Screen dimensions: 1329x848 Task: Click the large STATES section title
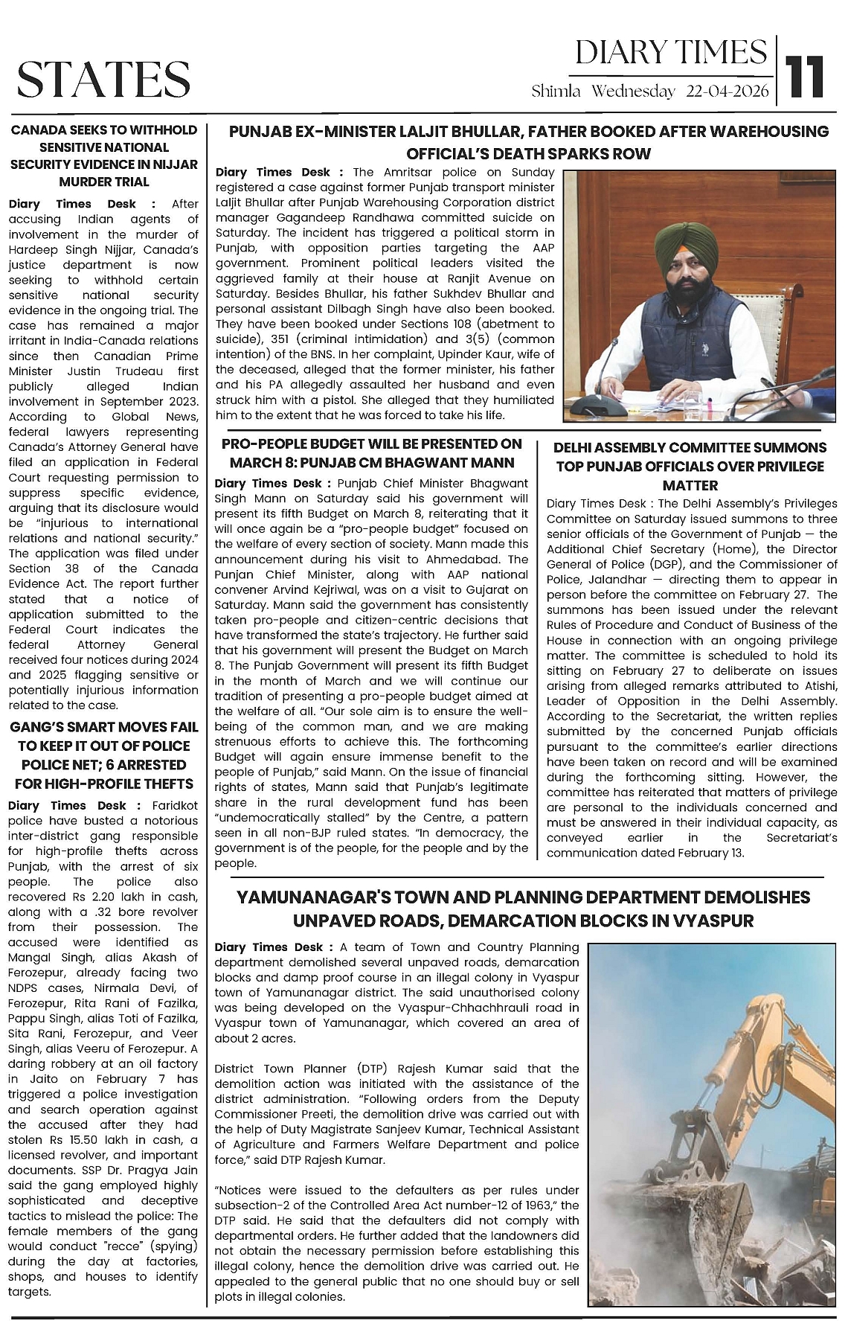tap(103, 79)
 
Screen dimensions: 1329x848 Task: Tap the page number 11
tap(805, 76)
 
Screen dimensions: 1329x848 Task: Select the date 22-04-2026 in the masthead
tap(728, 92)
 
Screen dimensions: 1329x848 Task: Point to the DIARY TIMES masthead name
tap(671, 52)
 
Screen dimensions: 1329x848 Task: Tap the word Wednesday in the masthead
tap(635, 92)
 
